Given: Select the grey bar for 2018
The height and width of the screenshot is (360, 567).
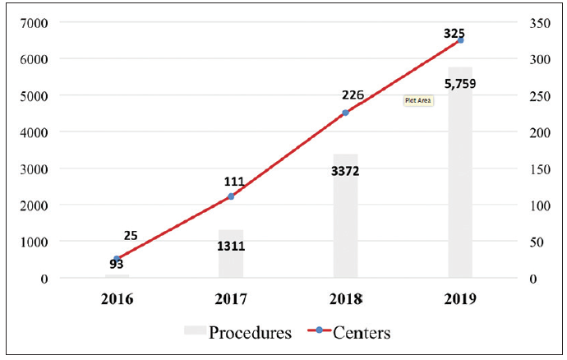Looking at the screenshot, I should click(x=345, y=222).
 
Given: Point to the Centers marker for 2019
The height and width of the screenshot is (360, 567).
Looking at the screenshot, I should click(x=460, y=40).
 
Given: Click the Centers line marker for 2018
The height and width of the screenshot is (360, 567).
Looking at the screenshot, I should click(x=345, y=113).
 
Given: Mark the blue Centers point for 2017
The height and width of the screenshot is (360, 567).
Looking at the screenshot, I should click(x=231, y=196).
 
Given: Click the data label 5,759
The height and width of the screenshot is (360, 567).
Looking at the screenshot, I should click(x=460, y=83).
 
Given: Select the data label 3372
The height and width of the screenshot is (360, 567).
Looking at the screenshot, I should click(x=345, y=171).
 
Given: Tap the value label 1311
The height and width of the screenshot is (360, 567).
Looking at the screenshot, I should click(x=231, y=245).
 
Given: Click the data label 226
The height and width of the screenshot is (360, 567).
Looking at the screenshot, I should click(x=352, y=95).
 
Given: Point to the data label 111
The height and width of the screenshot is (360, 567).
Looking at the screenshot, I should click(x=236, y=181).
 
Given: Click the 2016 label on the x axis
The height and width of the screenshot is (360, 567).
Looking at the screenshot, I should click(x=117, y=299).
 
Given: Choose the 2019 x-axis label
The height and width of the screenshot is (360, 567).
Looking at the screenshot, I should click(x=460, y=299).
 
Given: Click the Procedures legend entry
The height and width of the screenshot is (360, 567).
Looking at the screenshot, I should click(x=237, y=333).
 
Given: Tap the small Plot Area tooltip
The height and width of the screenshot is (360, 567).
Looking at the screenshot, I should click(x=418, y=100).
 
